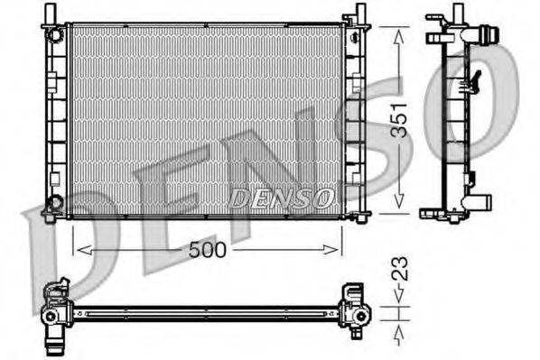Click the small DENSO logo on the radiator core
tap(281, 197)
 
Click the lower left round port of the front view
tap(56, 202)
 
